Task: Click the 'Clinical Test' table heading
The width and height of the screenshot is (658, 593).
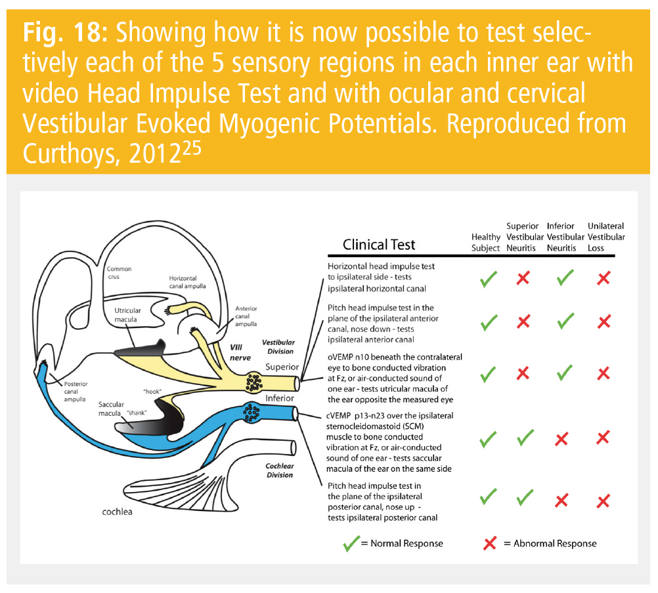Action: [379, 244]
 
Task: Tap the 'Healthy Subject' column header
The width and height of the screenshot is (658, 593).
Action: [486, 242]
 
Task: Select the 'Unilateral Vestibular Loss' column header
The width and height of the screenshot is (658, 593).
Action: [605, 237]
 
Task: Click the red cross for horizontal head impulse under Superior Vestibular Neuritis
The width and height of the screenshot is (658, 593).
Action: [523, 279]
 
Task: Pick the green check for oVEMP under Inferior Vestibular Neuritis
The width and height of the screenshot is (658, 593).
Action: [564, 375]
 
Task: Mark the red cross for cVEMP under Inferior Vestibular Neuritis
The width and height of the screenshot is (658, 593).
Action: [561, 440]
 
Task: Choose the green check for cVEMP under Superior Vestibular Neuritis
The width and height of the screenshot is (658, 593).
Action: [523, 439]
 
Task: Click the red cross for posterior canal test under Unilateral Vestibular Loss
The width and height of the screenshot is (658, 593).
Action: [603, 502]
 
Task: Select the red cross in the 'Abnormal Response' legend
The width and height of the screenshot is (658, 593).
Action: [490, 543]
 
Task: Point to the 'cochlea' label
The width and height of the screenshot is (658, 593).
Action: [117, 512]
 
